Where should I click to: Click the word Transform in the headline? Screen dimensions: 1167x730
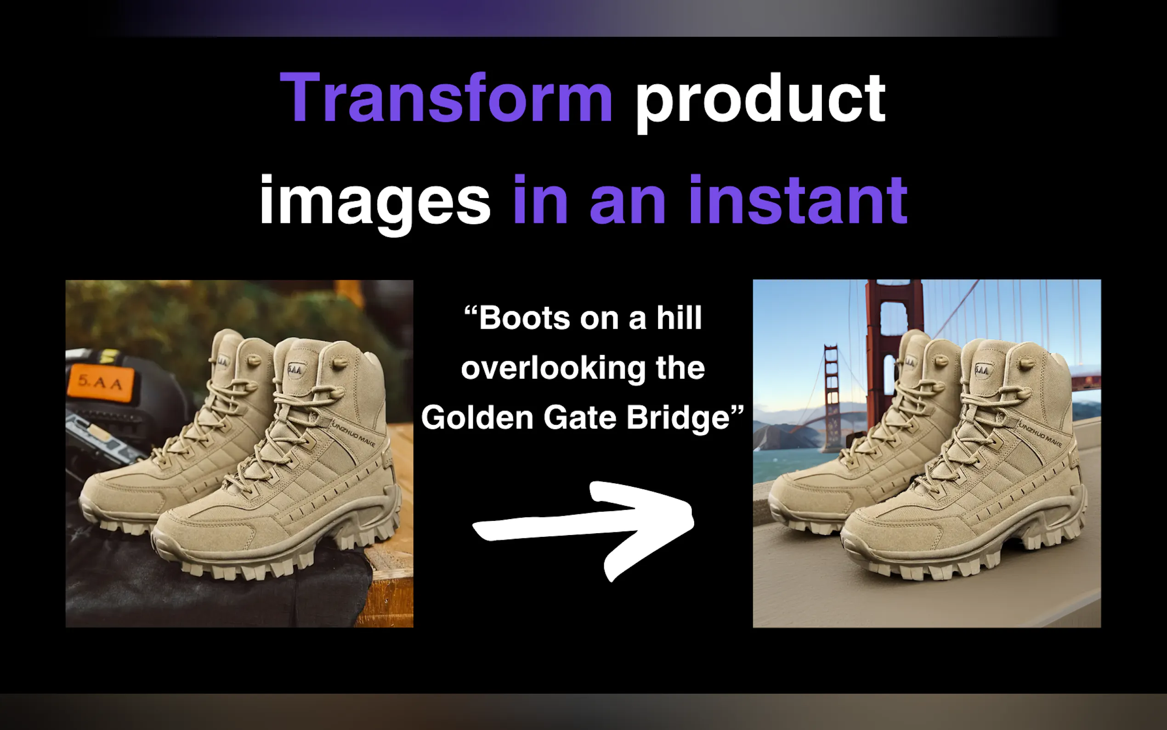(x=446, y=97)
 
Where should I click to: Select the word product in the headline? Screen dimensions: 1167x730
(x=761, y=103)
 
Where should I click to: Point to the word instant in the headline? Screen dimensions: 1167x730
(x=799, y=200)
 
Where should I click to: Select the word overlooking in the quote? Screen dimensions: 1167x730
(x=551, y=369)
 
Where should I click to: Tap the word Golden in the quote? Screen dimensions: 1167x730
(x=477, y=416)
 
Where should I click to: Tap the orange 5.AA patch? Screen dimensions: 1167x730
(x=101, y=383)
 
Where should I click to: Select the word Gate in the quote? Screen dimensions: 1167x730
(x=579, y=416)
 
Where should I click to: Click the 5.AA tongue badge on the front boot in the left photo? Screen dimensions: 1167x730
(x=295, y=371)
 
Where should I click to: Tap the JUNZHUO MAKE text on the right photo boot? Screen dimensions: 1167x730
(x=1040, y=434)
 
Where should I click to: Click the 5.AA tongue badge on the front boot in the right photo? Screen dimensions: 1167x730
(x=983, y=371)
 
